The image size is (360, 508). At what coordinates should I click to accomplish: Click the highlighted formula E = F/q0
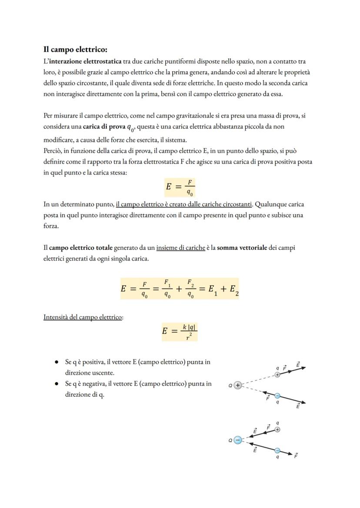pos(180,187)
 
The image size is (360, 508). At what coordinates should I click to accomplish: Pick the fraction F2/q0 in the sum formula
pos(190,289)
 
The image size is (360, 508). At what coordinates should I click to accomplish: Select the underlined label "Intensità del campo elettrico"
pos(83,317)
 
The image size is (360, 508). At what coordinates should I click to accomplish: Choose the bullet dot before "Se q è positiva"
pos(57,362)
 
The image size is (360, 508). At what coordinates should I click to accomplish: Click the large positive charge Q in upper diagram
pos(237,385)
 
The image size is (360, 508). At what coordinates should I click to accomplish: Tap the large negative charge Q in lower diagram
pos(237,440)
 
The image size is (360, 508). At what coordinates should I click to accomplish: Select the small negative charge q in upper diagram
pos(277,396)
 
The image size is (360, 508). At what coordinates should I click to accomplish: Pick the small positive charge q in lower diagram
pos(277,429)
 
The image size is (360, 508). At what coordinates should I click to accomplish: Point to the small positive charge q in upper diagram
pos(277,375)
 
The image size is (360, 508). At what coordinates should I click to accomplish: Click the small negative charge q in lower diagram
pos(277,451)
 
